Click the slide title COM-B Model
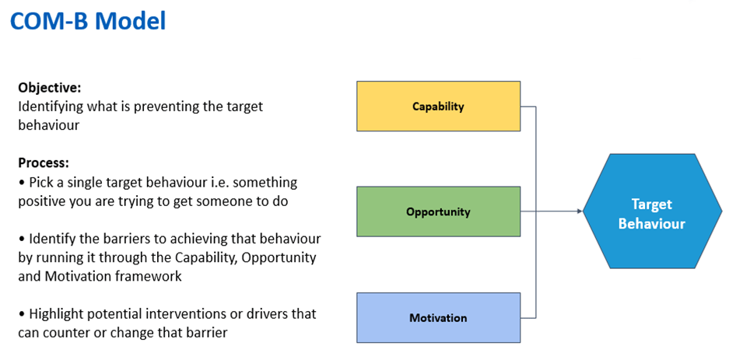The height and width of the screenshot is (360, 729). coord(88,20)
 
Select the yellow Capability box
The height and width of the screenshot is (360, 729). coord(439,107)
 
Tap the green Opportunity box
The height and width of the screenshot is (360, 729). coord(439,211)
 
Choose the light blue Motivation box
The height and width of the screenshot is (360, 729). coord(439,318)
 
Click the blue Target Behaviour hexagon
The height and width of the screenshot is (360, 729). coord(652,211)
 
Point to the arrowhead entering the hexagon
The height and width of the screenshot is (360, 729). coord(580,211)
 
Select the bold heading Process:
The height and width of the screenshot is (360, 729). coord(44,163)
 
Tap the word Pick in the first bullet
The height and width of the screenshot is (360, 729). coord(40,182)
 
